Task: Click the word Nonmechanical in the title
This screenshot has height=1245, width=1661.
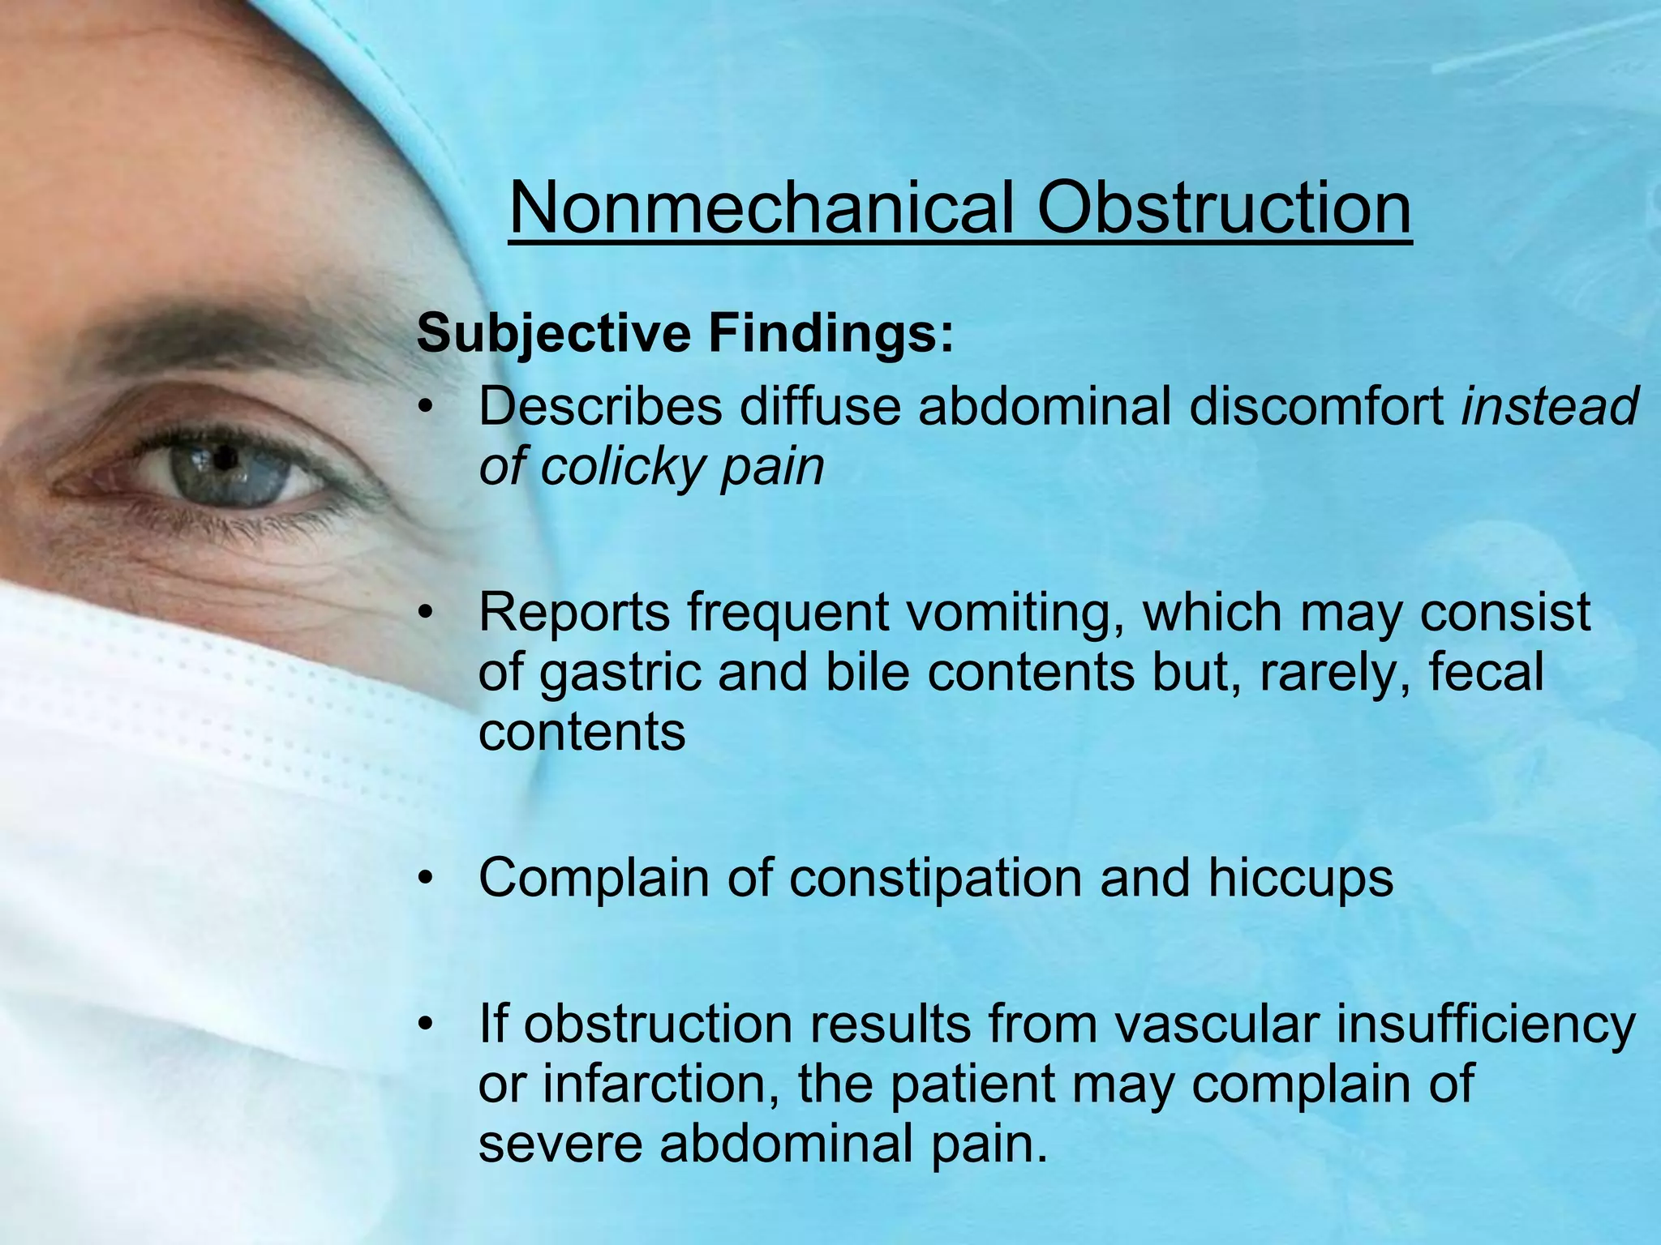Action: [x=761, y=207]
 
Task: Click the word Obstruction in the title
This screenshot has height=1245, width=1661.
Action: [x=1224, y=207]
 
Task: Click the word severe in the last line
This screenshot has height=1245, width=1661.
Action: [x=559, y=1144]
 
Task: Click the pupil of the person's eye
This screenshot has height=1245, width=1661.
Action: [x=225, y=460]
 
